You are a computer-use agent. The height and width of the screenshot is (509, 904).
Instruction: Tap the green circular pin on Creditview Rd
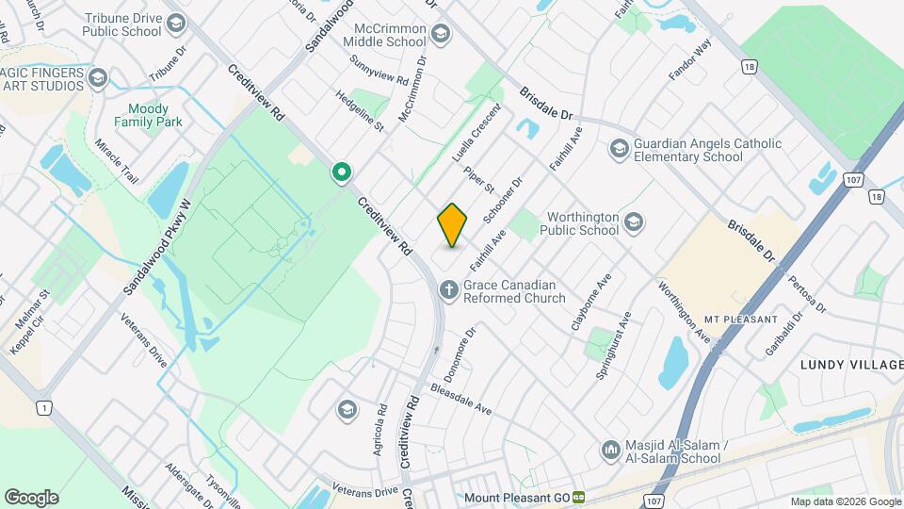click(x=342, y=172)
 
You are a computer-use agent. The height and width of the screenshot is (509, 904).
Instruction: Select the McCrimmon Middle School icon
click(x=440, y=36)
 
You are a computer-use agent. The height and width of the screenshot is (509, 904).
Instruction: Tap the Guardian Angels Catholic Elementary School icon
click(x=619, y=149)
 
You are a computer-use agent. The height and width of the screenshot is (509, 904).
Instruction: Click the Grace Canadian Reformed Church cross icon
click(x=449, y=290)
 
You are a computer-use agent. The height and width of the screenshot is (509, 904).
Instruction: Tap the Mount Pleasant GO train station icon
click(x=579, y=497)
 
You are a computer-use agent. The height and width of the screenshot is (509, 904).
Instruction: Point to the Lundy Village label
click(x=850, y=365)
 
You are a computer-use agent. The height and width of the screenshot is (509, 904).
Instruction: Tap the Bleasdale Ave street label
click(x=461, y=399)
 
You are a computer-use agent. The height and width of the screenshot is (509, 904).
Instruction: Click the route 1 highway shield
click(x=42, y=407)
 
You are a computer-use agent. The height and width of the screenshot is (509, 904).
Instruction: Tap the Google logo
click(x=31, y=497)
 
